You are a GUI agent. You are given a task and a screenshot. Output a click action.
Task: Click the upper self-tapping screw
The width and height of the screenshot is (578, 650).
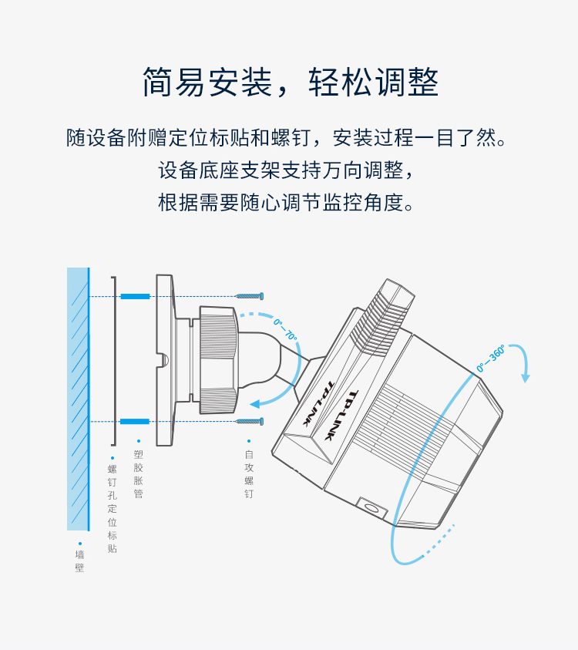coord(249,296)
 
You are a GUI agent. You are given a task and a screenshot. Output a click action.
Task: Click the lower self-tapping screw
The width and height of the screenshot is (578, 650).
coord(250,421)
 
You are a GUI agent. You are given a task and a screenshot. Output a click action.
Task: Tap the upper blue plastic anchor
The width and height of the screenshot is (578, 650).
coord(135,296)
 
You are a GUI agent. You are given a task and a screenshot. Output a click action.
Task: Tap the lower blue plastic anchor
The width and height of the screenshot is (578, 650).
coord(135,422)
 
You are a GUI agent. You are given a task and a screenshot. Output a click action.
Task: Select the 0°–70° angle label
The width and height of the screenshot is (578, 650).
coord(285,329)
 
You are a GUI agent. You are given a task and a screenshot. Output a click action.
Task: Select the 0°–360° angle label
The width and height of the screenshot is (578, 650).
coord(491,359)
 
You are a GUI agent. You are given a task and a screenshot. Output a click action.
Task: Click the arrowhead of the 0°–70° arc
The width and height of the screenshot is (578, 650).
coord(256,404)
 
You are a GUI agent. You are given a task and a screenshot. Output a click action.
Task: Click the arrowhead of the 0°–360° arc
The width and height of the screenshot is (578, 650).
coord(525,378)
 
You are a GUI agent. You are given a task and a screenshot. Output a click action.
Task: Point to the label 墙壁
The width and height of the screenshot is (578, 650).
coord(79,561)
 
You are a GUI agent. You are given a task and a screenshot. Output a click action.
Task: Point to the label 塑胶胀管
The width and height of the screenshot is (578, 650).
coord(139,474)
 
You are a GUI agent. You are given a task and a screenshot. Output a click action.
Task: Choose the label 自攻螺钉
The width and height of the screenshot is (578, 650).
coord(249,474)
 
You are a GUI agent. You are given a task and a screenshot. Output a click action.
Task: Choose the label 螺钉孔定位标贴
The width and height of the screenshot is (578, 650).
coord(113,509)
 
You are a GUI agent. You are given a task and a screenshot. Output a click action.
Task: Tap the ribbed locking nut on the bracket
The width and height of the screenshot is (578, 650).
coord(218,360)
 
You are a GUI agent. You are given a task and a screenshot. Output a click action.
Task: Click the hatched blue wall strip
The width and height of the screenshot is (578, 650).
coord(79,399)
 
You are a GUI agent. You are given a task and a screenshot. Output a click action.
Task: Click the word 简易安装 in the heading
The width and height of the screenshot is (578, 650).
coord(207,82)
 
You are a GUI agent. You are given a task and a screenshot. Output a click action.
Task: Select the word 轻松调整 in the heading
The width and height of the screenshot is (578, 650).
coord(373,82)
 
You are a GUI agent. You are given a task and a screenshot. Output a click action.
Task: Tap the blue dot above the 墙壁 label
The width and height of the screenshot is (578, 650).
coord(80,544)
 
